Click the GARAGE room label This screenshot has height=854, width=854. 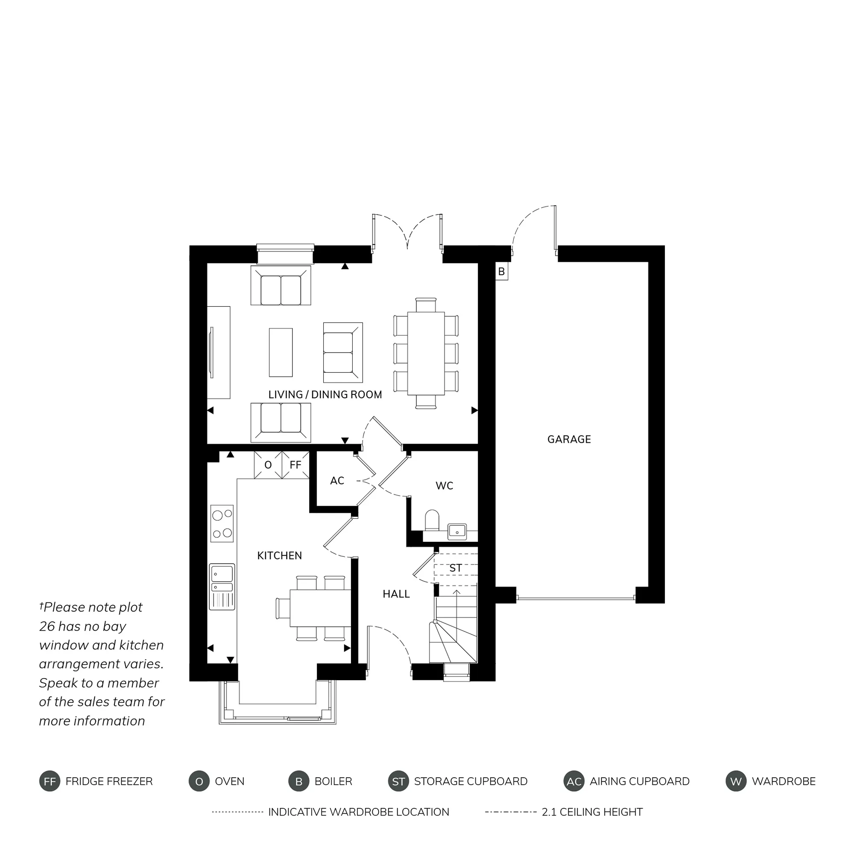pos(569,439)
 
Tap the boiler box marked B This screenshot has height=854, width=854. pos(502,272)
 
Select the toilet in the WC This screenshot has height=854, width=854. pos(431,520)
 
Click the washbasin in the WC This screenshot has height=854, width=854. pos(457,531)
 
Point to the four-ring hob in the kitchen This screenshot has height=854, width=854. pos(222,524)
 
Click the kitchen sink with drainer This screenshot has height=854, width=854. pos(222,587)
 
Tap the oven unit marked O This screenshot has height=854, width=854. pos(268,465)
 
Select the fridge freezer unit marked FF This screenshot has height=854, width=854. pos(295,465)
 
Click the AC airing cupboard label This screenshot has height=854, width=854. pos(337,480)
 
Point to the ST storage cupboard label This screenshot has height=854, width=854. pos(455,568)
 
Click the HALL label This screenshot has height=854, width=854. pos(396,594)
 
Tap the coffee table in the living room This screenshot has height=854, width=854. pos(281,352)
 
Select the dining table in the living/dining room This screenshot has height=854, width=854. pos(426,354)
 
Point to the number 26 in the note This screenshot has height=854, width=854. pos(47,626)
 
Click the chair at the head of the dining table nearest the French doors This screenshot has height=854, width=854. pos(426,305)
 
